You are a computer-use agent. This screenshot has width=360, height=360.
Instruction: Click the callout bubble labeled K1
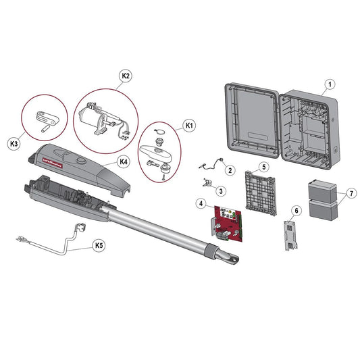click(x=189, y=126)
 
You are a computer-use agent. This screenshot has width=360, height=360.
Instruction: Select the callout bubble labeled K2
click(x=126, y=76)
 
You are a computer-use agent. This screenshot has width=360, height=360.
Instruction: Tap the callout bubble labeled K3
click(x=14, y=144)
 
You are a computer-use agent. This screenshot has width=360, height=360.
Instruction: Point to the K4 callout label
click(x=123, y=161)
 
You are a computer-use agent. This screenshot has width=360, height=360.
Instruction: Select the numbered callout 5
click(x=265, y=165)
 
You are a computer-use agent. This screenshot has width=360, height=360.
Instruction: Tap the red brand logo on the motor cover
click(x=53, y=161)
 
